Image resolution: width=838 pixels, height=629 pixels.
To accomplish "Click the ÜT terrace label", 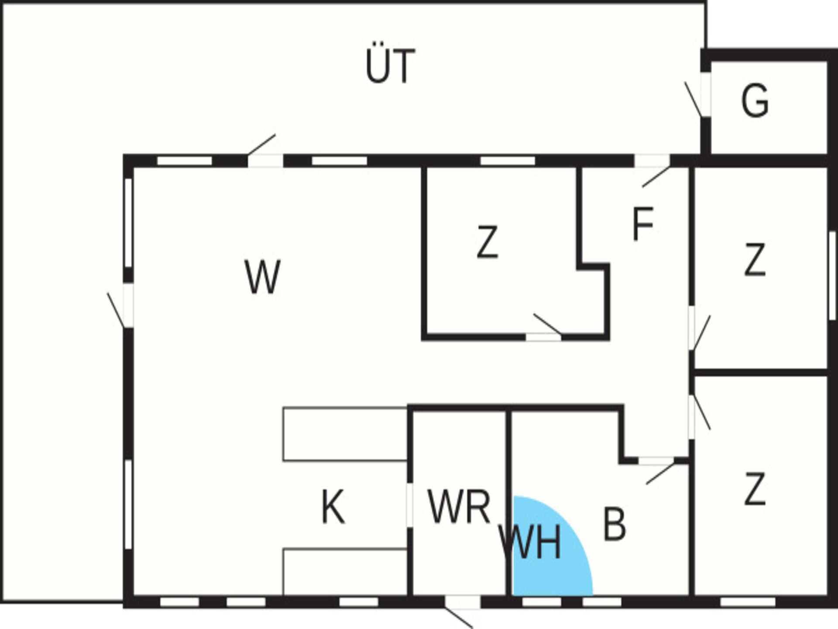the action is tap(390, 66).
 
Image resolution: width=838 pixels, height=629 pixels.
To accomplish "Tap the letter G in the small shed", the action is tap(755, 100).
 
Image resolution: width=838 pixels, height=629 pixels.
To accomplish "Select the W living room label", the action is tap(262, 277).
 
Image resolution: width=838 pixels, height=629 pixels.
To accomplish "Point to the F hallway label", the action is tap(643, 224).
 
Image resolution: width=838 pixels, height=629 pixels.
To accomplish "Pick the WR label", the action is tap(459, 507).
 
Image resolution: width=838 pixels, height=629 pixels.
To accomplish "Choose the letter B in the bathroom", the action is tap(614, 524).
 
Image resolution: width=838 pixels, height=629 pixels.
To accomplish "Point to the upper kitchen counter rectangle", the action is tap(345, 434).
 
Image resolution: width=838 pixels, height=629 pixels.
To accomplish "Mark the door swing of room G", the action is tap(694, 100).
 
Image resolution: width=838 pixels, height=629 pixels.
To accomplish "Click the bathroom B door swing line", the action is tap(660, 473).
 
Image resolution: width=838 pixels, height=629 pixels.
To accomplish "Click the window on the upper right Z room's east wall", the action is tap(832, 276).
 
